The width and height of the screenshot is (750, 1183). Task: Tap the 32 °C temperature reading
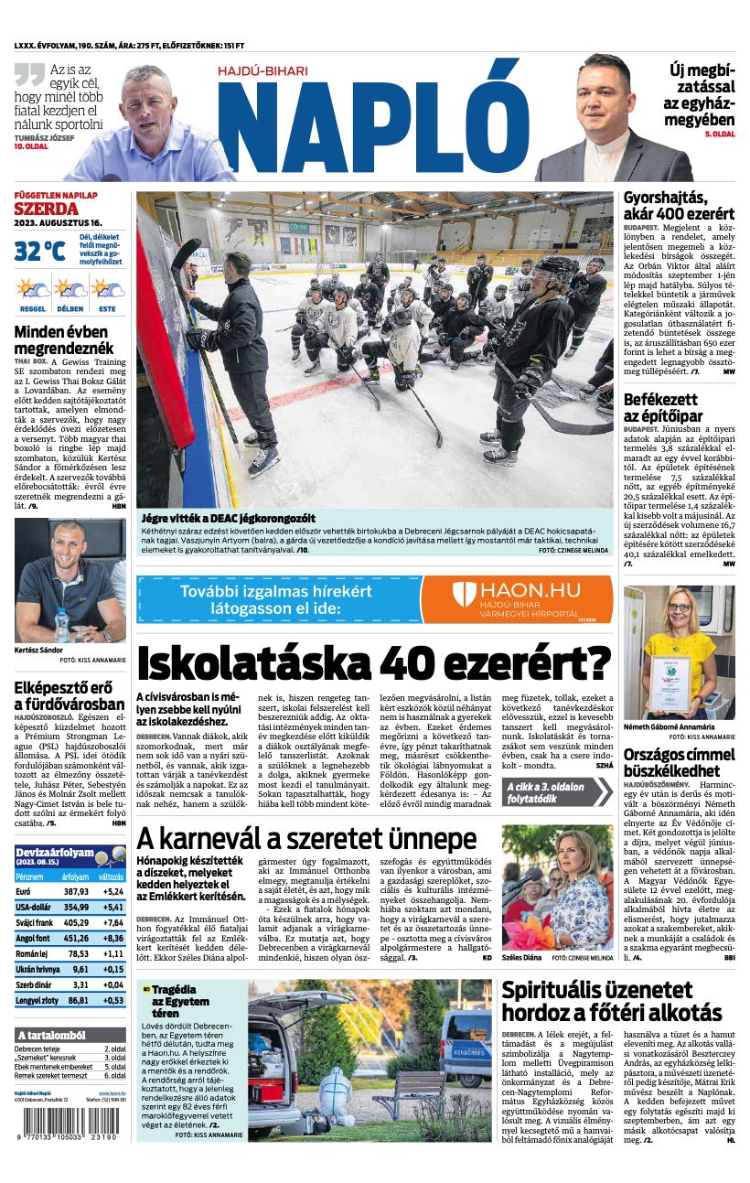pyautogui.click(x=39, y=250)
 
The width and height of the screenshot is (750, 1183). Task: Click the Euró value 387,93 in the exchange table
pyautogui.click(x=77, y=891)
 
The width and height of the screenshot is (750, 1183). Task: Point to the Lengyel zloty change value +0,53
pyautogui.click(x=113, y=1000)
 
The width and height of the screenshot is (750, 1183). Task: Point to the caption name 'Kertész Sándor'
pyautogui.click(x=38, y=650)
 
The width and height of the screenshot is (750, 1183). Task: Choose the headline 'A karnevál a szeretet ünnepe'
pyautogui.click(x=306, y=838)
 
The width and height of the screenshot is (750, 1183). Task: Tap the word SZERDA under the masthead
pyautogui.click(x=46, y=209)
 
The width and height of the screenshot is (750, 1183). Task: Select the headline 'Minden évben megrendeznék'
pyautogui.click(x=64, y=339)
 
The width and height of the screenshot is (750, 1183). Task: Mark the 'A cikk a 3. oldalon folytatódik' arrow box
pyautogui.click(x=556, y=790)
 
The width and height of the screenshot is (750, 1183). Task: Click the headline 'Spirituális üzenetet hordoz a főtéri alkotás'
pyautogui.click(x=612, y=1001)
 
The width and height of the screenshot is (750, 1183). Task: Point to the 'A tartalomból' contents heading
pyautogui.click(x=51, y=1035)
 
